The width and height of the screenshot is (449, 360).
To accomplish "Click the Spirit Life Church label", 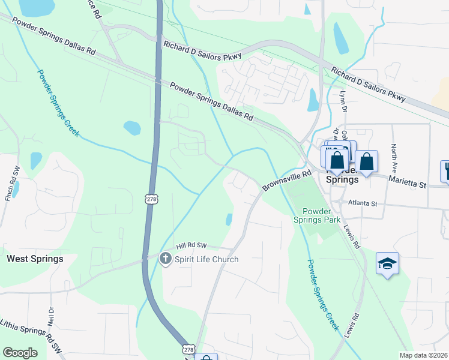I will click(206, 259).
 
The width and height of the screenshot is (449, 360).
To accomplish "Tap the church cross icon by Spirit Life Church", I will click(165, 259).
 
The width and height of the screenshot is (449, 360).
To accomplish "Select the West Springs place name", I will click(34, 259).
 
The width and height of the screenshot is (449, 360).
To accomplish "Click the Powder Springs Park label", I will click(325, 215).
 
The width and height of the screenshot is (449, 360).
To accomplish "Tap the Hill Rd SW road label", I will click(191, 246).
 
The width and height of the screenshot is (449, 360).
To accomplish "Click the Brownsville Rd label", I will click(287, 181).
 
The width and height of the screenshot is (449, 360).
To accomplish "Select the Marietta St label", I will click(406, 181).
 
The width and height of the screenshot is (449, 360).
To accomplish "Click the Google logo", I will click(20, 353).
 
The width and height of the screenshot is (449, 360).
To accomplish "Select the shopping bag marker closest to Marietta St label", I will click(366, 161).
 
